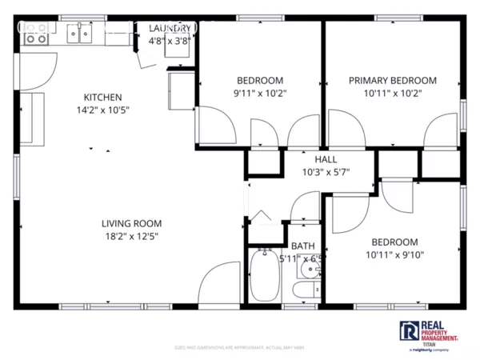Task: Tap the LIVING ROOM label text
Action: click(x=131, y=223)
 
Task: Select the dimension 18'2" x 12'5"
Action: click(x=131, y=236)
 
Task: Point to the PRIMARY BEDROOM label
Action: click(x=392, y=80)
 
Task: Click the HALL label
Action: click(x=326, y=159)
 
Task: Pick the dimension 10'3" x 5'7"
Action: click(x=326, y=172)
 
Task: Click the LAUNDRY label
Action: click(x=170, y=29)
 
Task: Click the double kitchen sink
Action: click(x=81, y=34)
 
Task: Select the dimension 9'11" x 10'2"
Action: click(x=260, y=93)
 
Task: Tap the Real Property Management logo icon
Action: click(x=408, y=330)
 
